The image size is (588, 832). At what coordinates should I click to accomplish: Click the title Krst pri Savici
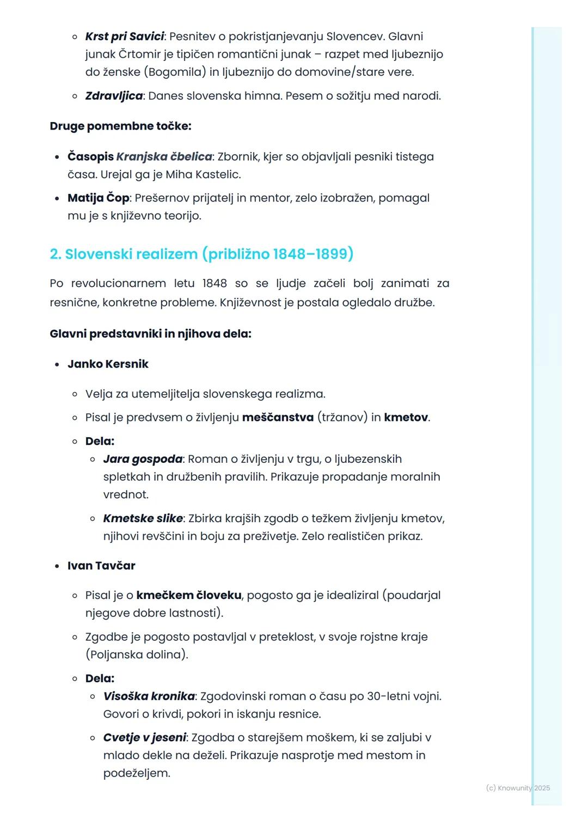124,36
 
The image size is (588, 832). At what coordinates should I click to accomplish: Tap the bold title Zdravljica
114,96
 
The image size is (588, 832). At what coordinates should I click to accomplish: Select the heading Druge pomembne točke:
120,126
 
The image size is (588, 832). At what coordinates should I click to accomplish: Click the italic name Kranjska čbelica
164,157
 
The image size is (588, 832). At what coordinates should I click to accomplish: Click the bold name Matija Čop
98,198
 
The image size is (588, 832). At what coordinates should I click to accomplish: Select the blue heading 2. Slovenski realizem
124,254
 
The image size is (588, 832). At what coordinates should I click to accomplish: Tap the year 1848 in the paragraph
215,283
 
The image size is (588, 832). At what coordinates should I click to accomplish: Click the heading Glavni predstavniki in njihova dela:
150,334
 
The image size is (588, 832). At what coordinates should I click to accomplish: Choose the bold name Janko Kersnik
108,364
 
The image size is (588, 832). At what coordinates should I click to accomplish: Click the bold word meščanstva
278,418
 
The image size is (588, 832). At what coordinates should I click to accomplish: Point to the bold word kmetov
406,418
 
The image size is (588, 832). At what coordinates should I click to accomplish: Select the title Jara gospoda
143,459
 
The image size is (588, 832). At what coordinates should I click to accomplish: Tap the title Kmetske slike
143,518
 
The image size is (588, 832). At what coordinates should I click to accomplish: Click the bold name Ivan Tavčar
101,566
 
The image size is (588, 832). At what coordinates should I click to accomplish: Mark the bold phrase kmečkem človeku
189,595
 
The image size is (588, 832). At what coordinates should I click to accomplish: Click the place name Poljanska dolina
137,654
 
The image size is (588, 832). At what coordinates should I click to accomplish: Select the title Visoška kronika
149,696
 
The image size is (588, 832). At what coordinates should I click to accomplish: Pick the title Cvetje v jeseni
144,738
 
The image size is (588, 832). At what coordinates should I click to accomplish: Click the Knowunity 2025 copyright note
518,788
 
